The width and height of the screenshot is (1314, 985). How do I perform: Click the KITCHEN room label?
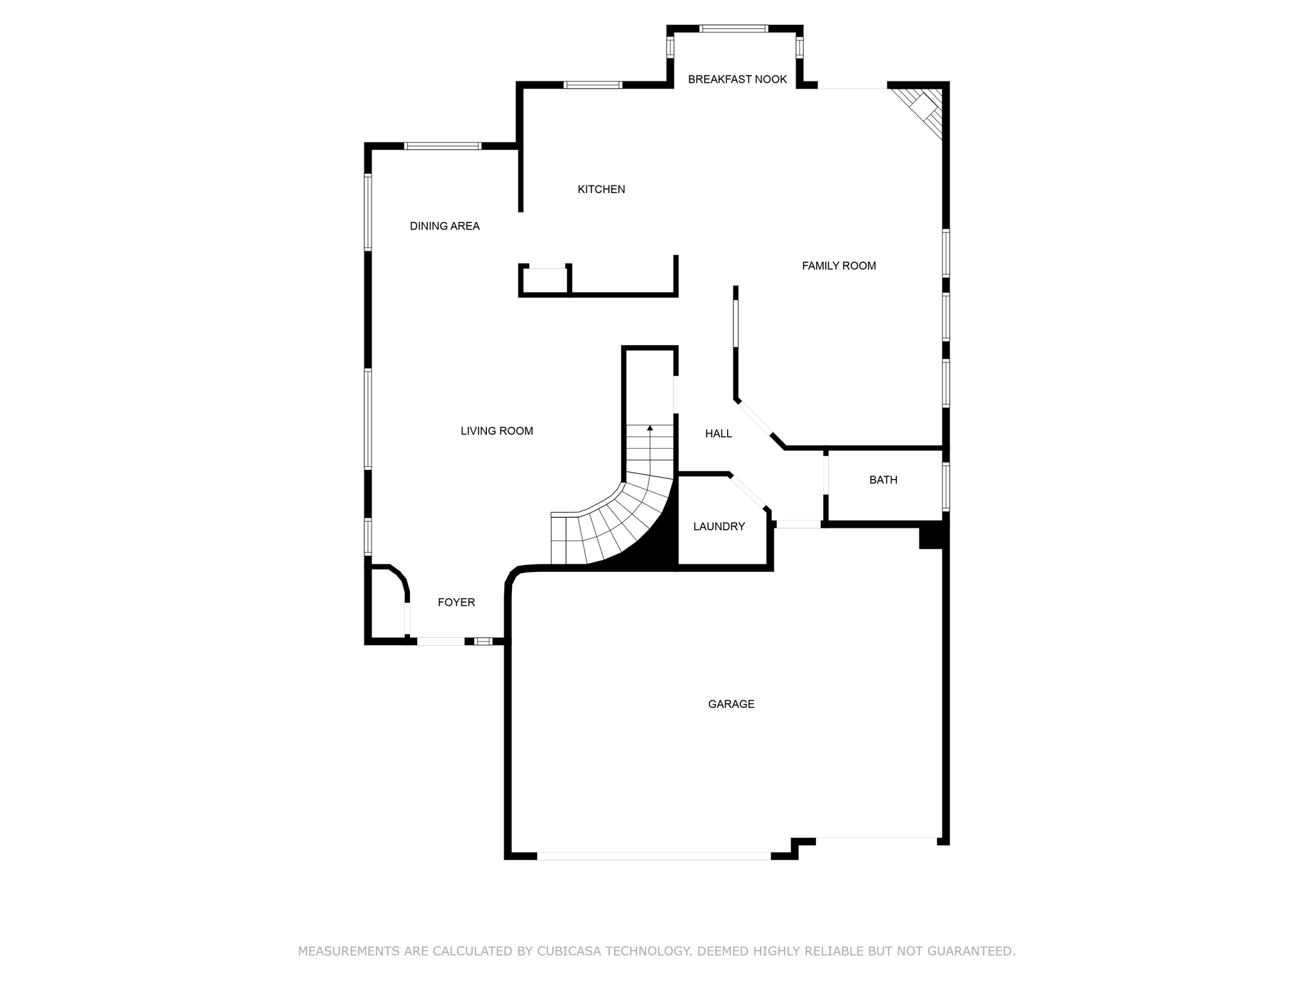[x=601, y=189]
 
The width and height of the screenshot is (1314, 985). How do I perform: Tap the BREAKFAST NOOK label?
[x=737, y=80]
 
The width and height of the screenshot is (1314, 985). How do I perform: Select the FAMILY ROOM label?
[x=839, y=265]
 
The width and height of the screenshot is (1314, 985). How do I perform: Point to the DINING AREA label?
[x=445, y=226]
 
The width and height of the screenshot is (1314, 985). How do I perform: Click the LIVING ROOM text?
[x=497, y=431]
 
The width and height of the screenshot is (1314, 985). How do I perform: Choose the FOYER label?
[x=456, y=602]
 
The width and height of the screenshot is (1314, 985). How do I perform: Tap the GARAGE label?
[x=731, y=704]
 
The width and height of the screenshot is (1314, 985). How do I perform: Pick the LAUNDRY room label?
[x=719, y=526]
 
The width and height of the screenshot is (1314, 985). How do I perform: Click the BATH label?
[x=883, y=480]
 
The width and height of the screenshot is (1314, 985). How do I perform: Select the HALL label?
[x=718, y=434]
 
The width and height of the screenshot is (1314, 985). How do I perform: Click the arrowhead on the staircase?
[x=650, y=427]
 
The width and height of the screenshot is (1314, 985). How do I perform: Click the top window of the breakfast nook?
[x=733, y=28]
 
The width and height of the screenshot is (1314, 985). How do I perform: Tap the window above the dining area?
[x=443, y=146]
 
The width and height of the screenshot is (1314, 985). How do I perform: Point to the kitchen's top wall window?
[x=592, y=85]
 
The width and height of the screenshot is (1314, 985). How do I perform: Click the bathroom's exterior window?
[x=946, y=486]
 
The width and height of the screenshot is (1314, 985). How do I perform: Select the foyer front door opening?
[x=440, y=641]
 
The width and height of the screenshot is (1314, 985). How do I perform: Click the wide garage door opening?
[x=653, y=855]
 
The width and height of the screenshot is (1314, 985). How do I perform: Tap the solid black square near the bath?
[x=932, y=536]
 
